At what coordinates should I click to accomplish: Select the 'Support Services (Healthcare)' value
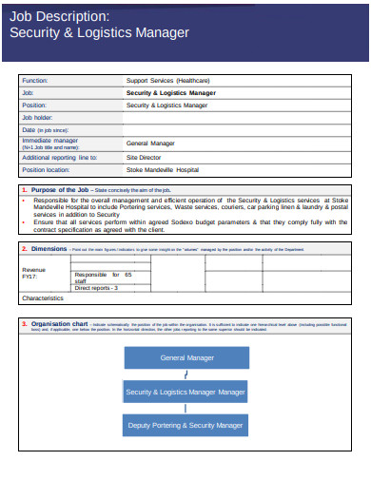coord(167,81)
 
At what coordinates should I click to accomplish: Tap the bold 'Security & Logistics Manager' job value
coord(171,93)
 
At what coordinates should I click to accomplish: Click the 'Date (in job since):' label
coord(46,130)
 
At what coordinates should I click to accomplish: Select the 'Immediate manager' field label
coord(49,141)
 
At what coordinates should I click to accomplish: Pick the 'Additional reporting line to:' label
coord(59,157)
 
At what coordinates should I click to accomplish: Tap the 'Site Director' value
coord(146,157)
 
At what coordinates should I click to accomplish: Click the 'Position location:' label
coord(46,169)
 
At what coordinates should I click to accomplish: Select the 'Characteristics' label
coord(42,298)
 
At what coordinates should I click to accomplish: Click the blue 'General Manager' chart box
coord(185,358)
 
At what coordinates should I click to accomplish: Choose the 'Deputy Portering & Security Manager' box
coord(185,425)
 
